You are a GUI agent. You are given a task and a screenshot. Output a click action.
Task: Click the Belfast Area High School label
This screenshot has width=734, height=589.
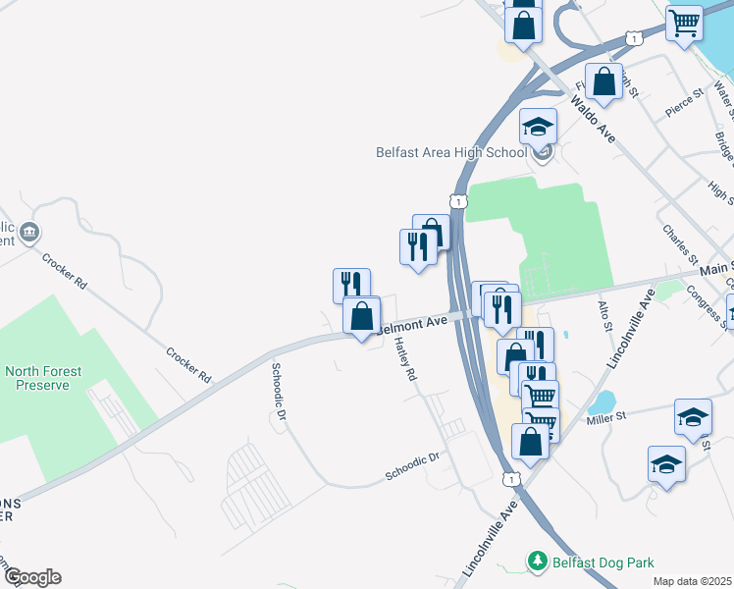coord(451,152)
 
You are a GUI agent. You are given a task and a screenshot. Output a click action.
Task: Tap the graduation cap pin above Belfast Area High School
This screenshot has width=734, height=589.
coord(538,126)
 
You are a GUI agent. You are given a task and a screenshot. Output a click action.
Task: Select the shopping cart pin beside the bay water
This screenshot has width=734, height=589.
coord(683,22)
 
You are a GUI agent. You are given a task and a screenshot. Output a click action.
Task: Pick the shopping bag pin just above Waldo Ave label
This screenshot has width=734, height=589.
coord(603,81)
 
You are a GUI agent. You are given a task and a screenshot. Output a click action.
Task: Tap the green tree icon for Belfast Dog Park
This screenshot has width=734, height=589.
coord(537,562)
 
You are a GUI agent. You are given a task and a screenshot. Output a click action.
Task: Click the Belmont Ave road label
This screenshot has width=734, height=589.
coord(412,323)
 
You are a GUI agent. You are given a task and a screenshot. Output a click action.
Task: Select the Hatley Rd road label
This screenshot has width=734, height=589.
coord(405,360)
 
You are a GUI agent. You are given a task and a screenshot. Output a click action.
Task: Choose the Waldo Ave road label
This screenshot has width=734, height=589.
coord(593,120)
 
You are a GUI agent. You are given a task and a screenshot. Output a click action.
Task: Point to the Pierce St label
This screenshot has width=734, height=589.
coord(684,104)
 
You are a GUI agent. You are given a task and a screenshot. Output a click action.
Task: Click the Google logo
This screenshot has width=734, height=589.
coord(31,577)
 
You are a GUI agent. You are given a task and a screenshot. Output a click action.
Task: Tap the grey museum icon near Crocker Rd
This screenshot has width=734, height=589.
coord(29,233)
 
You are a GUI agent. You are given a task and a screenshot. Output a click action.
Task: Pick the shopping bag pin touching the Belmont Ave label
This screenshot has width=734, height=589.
coord(362,315)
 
